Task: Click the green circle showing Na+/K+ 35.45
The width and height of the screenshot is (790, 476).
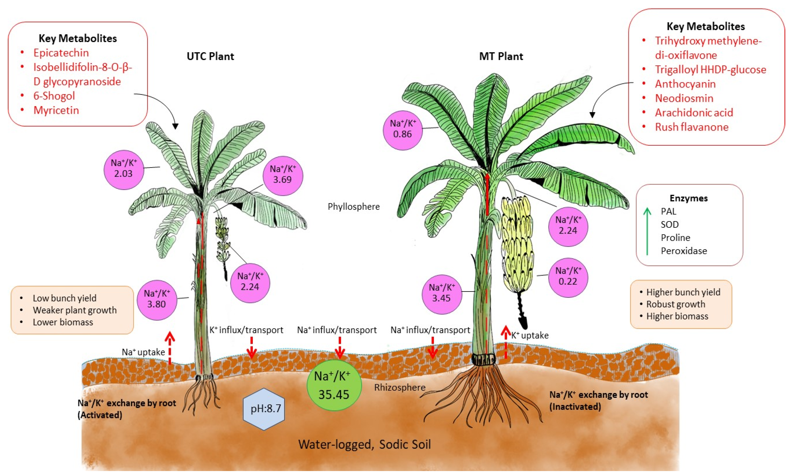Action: [334, 385]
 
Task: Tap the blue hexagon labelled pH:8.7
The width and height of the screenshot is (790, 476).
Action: [264, 409]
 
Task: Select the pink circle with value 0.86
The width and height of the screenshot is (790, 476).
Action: [403, 129]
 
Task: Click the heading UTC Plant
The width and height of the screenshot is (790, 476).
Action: [210, 56]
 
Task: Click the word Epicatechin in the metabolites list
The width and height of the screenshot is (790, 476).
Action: [61, 53]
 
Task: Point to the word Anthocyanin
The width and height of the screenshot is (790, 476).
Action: [685, 84]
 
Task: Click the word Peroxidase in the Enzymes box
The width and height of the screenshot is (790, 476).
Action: [684, 251]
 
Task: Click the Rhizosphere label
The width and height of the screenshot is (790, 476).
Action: [399, 387]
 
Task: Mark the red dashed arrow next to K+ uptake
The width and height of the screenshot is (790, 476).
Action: [506, 341]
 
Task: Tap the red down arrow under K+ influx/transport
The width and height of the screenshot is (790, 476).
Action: [251, 348]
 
